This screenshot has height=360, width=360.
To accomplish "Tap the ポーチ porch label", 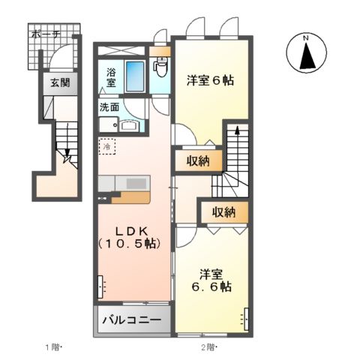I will pyautogui.click(x=46, y=33).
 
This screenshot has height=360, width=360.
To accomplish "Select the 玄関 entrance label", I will pyautogui.click(x=60, y=83).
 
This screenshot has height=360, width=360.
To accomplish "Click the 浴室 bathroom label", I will pyautogui.click(x=111, y=77).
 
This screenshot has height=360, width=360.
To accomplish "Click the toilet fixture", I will pyautogui.click(x=160, y=66).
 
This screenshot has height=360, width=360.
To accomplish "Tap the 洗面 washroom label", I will pyautogui.click(x=109, y=106).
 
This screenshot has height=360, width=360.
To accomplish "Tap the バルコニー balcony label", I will pyautogui.click(x=131, y=320).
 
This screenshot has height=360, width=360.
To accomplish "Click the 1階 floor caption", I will pyautogui.click(x=52, y=346).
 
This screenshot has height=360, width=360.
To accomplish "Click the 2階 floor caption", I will pyautogui.click(x=208, y=346).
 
